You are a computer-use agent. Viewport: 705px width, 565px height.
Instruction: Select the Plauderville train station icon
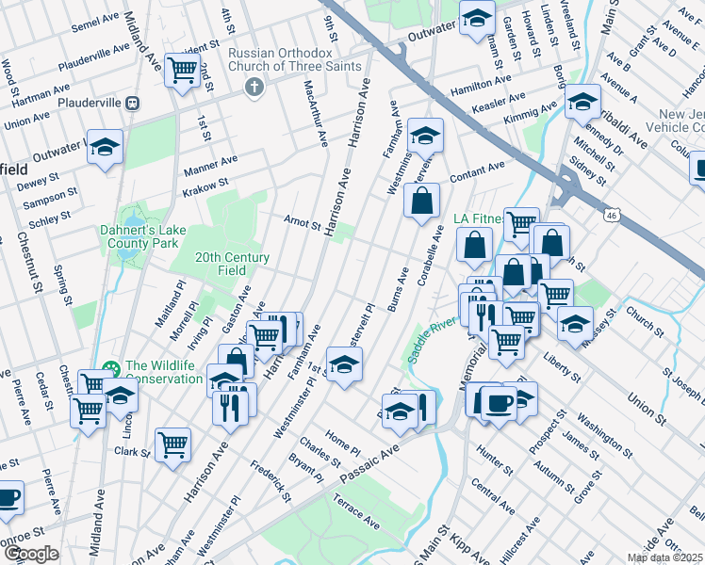tap(134, 102)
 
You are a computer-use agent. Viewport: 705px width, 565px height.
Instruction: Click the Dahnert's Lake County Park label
tap(140, 236)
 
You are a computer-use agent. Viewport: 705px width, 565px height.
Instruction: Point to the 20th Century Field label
tap(232, 264)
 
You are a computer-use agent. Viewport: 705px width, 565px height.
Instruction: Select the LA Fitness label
tap(477, 219)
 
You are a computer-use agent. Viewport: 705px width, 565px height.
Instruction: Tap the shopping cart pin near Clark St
tap(172, 444)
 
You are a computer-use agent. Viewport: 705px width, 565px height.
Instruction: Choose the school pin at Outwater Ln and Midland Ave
tap(105, 146)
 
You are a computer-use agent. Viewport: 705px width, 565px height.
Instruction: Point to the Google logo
tap(31, 554)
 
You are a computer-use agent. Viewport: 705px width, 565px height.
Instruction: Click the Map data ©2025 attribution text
tap(664, 557)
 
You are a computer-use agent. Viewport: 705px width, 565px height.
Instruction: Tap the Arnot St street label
tap(302, 220)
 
